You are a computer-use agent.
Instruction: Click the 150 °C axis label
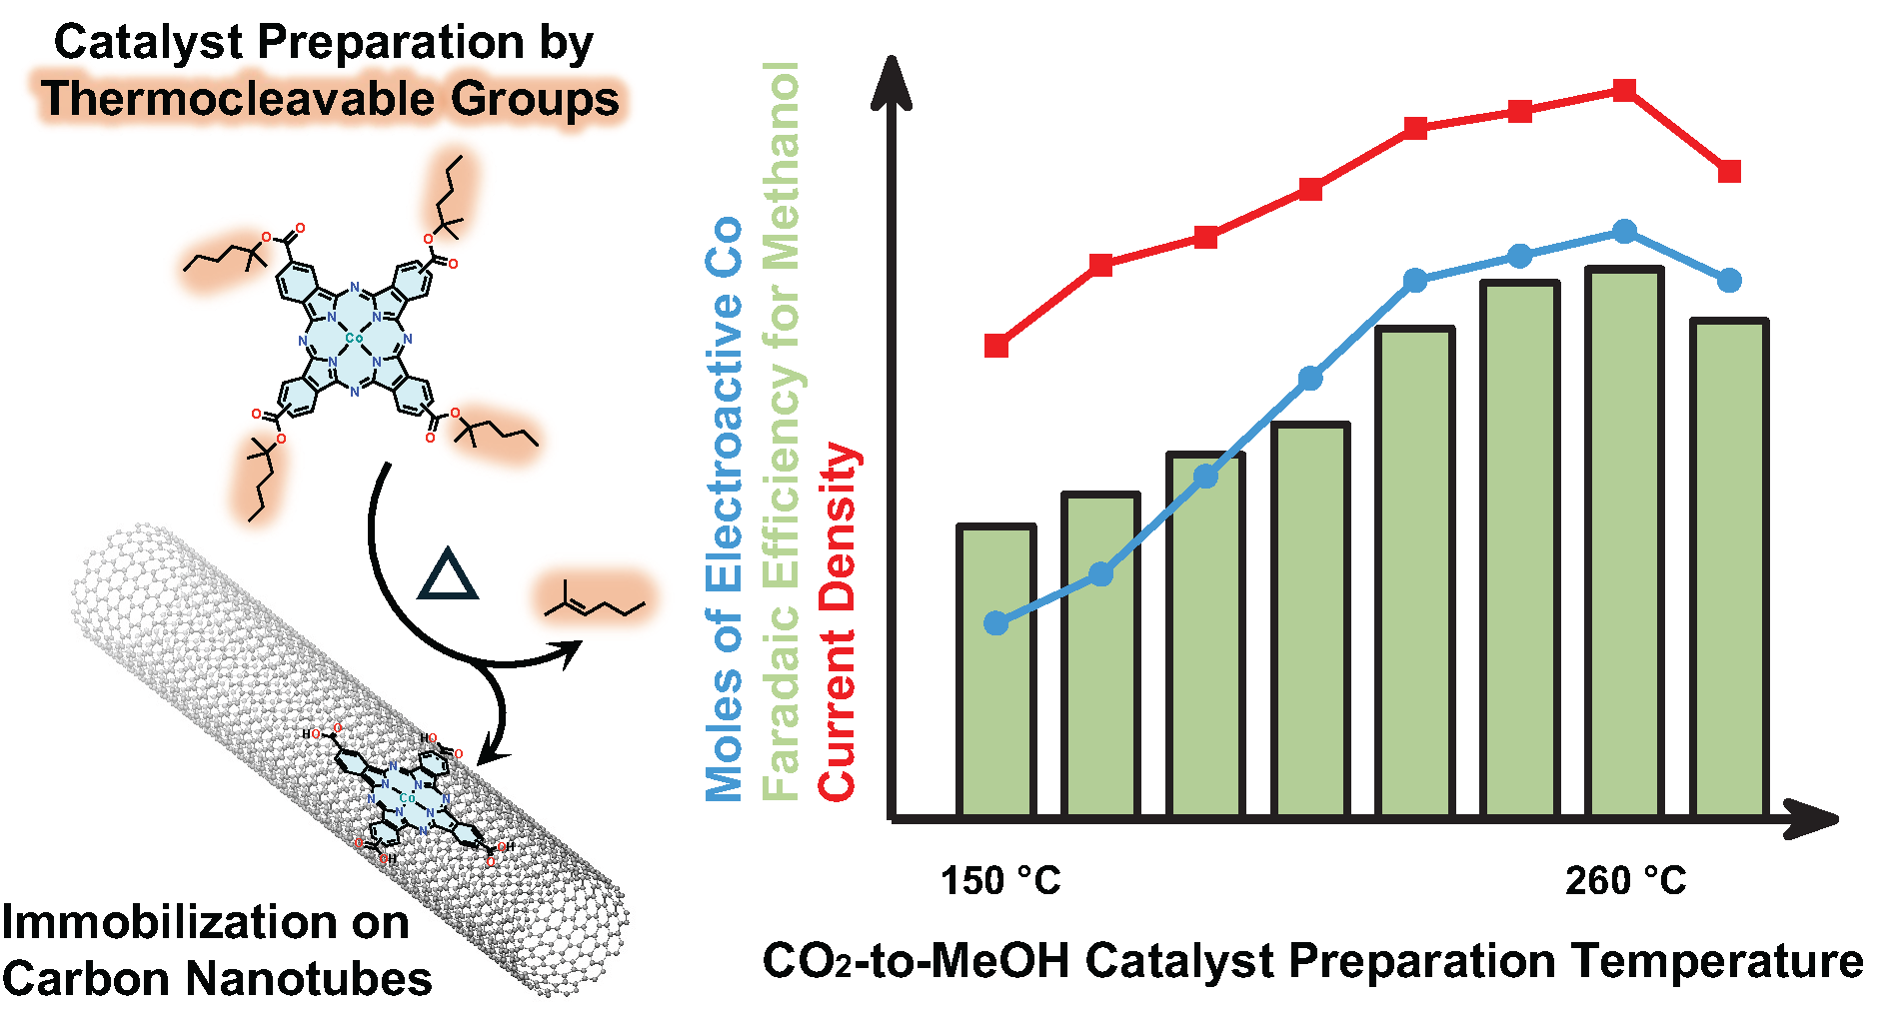(x=999, y=881)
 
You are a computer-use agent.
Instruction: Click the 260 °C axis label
(x=1625, y=881)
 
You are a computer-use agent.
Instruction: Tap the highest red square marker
(x=1625, y=91)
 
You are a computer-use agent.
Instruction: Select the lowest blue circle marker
(x=996, y=623)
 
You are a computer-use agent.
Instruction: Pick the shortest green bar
(x=996, y=670)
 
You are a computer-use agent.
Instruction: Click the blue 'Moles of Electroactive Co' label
(x=724, y=509)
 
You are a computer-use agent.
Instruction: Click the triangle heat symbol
(x=447, y=575)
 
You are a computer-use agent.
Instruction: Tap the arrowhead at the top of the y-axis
(x=892, y=80)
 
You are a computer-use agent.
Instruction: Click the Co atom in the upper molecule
(x=354, y=339)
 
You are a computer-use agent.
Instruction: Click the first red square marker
(x=996, y=346)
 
